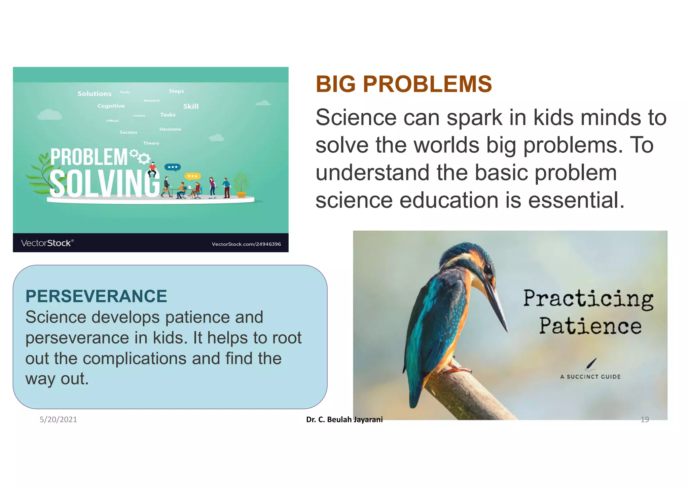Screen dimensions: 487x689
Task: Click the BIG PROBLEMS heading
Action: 403,84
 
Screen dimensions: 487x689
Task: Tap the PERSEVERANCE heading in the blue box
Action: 96,296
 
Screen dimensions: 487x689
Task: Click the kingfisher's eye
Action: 487,268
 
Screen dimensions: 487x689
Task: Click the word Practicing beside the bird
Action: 588,298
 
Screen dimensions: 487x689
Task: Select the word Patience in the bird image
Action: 590,326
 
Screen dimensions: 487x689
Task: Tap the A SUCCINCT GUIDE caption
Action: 590,377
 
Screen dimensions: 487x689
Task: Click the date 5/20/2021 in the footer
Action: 58,419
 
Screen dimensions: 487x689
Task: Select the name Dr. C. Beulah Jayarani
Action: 344,419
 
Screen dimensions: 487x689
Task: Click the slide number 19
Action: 645,419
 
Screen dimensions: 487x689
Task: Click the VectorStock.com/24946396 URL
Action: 246,244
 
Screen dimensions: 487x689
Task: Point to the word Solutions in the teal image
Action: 94,94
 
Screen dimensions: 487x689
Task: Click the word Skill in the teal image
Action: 191,107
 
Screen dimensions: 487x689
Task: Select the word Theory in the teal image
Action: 151,143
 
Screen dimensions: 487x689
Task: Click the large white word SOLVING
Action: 104,183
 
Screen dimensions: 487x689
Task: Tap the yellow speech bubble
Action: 192,176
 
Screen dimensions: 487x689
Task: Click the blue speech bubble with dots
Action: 173,167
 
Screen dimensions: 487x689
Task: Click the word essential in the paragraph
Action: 576,200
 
